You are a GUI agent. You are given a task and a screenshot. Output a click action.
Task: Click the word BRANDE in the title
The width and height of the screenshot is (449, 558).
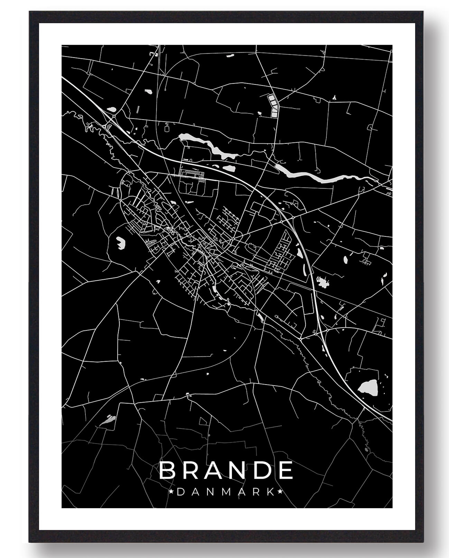pos(226,471)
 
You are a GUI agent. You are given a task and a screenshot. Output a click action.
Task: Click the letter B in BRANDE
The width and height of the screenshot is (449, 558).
pos(168,471)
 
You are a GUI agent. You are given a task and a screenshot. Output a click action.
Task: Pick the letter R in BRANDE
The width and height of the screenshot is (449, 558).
pos(189,471)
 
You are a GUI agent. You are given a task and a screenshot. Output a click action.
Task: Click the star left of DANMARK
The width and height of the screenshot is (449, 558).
pos(172,491)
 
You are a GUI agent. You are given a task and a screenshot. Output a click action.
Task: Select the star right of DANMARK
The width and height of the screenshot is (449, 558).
pos(280,491)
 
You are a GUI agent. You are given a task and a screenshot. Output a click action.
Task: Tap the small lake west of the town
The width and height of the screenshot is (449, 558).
pos(120,242)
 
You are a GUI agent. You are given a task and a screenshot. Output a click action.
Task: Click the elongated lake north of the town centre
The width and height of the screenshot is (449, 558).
pos(207,145)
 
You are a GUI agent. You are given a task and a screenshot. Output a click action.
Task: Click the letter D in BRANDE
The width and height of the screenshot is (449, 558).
pos(260,471)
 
